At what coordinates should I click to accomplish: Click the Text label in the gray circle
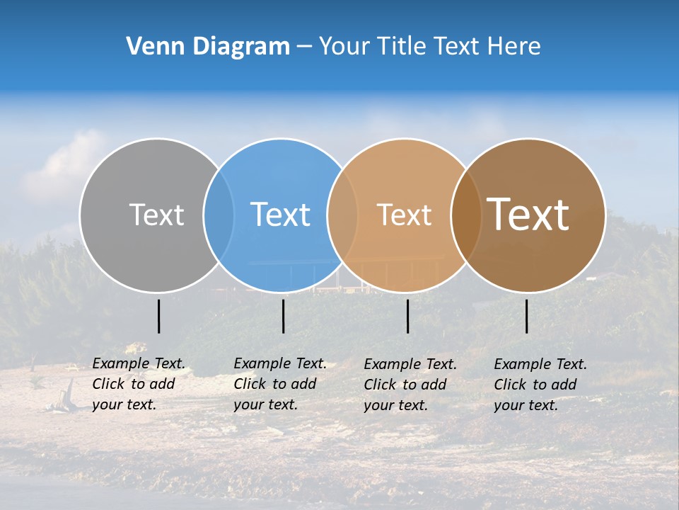(156, 215)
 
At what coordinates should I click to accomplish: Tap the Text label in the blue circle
(281, 215)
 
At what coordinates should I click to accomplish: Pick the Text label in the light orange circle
(404, 215)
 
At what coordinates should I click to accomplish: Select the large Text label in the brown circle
(528, 215)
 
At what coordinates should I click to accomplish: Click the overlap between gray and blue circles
(219, 215)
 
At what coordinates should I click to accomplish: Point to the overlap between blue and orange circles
(342, 215)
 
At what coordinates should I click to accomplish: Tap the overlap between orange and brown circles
(466, 215)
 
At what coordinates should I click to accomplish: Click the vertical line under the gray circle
(159, 316)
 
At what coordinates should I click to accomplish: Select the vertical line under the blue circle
(283, 316)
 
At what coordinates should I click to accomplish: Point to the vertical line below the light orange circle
(407, 316)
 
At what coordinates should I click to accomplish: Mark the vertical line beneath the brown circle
(527, 316)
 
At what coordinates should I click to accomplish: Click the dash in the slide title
(304, 47)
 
